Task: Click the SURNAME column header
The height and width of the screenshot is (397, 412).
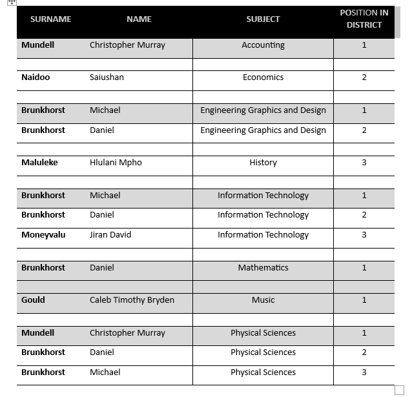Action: (x=50, y=19)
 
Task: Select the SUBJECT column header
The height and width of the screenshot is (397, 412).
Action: (x=263, y=19)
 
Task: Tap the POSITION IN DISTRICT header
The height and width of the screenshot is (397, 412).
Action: (x=364, y=19)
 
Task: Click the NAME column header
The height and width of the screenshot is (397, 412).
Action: (x=139, y=19)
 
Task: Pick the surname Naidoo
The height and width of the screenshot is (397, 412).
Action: (x=36, y=77)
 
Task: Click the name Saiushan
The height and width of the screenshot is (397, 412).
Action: (x=107, y=77)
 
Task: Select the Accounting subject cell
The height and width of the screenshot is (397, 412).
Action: (x=263, y=45)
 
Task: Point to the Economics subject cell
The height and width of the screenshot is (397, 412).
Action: (x=263, y=77)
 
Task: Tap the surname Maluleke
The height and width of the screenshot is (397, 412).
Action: (x=39, y=163)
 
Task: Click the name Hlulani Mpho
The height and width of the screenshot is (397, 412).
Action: (x=116, y=163)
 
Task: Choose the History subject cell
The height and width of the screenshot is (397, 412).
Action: (x=263, y=163)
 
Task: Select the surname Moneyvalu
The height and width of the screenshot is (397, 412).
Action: (x=43, y=235)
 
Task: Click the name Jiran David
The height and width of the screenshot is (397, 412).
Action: (x=110, y=235)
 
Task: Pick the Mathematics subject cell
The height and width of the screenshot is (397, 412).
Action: (x=263, y=268)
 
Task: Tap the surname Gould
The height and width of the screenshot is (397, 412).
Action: (x=33, y=300)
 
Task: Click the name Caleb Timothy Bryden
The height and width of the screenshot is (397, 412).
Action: (x=132, y=300)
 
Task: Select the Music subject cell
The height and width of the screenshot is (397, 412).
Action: (x=263, y=300)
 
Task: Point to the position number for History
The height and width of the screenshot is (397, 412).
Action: (x=364, y=163)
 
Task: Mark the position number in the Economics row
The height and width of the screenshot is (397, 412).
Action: (x=364, y=77)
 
